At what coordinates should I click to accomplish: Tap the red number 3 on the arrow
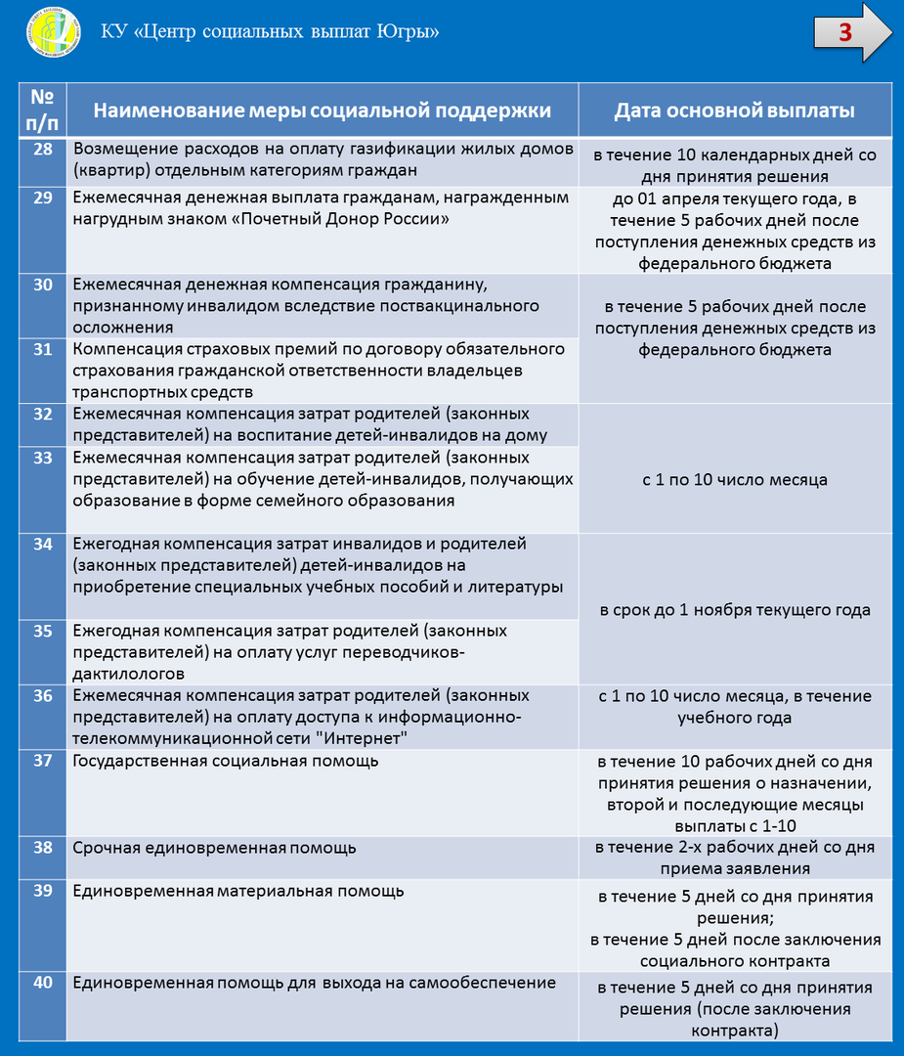click(845, 32)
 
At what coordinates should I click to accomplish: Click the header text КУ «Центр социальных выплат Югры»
click(270, 31)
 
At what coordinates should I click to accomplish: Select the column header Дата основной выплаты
click(734, 110)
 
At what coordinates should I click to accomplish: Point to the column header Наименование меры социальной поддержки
click(322, 110)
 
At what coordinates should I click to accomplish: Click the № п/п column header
click(42, 110)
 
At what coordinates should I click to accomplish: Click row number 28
click(42, 150)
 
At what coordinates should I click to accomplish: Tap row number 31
click(42, 350)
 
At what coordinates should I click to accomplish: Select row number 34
click(42, 545)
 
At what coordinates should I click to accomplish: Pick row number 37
click(42, 761)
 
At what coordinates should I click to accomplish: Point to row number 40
click(42, 984)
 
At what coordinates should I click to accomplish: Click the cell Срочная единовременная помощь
click(214, 848)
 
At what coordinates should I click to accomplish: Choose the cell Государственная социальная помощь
click(225, 761)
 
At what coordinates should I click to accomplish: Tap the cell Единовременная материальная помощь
click(238, 892)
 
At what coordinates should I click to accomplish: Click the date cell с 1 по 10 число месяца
click(734, 480)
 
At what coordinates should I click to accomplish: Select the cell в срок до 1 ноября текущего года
click(734, 610)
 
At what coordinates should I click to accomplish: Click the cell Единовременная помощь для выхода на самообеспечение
click(314, 984)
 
